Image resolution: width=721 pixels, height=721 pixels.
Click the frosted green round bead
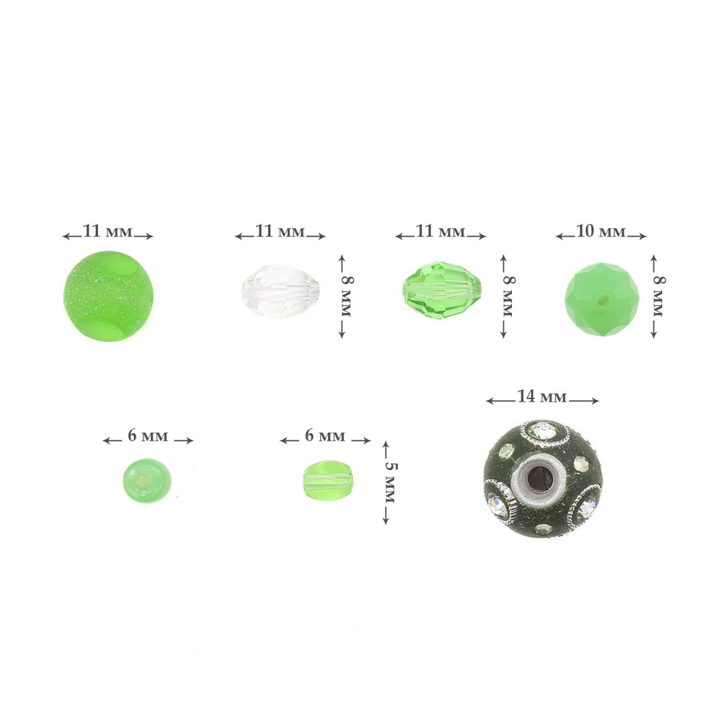[x=108, y=296]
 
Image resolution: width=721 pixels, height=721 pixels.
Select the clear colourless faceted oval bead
[x=281, y=291]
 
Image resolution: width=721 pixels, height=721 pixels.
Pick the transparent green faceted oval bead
[x=442, y=291]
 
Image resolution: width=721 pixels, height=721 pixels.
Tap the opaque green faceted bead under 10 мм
[x=602, y=299]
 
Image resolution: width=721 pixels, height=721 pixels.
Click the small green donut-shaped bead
[x=146, y=480]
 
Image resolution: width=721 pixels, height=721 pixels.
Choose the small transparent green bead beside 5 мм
[x=327, y=480]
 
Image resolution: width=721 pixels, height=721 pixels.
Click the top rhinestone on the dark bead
[x=544, y=431]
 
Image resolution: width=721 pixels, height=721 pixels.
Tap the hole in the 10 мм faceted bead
[x=603, y=301]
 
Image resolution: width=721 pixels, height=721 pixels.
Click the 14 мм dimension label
[x=542, y=397]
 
